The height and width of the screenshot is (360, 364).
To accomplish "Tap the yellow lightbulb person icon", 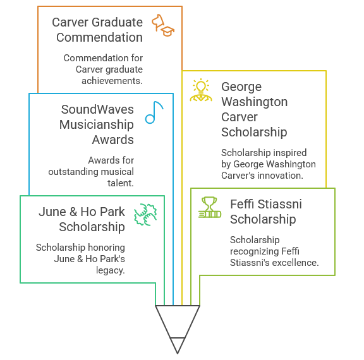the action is tap(201, 90).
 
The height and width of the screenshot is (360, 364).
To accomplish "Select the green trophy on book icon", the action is tap(210, 207).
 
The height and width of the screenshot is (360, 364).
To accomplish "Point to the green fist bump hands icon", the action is tap(145, 215).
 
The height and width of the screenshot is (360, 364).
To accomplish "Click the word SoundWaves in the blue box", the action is tap(97, 109).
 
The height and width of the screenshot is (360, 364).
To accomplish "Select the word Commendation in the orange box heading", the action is tap(99, 37).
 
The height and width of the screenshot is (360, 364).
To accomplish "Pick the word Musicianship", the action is tap(97, 124).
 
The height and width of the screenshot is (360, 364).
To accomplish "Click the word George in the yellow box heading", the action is tap(241, 87).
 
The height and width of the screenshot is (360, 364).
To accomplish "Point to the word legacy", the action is tap(111, 270).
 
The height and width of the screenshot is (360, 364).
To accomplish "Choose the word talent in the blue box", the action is tap(121, 183).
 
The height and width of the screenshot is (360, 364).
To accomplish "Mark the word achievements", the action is tap(112, 81).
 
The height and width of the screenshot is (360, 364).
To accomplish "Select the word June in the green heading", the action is tap(52, 212).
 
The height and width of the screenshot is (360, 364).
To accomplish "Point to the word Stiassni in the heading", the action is tap(279, 204).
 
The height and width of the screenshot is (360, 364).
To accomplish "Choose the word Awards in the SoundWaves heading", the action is tap(113, 140).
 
